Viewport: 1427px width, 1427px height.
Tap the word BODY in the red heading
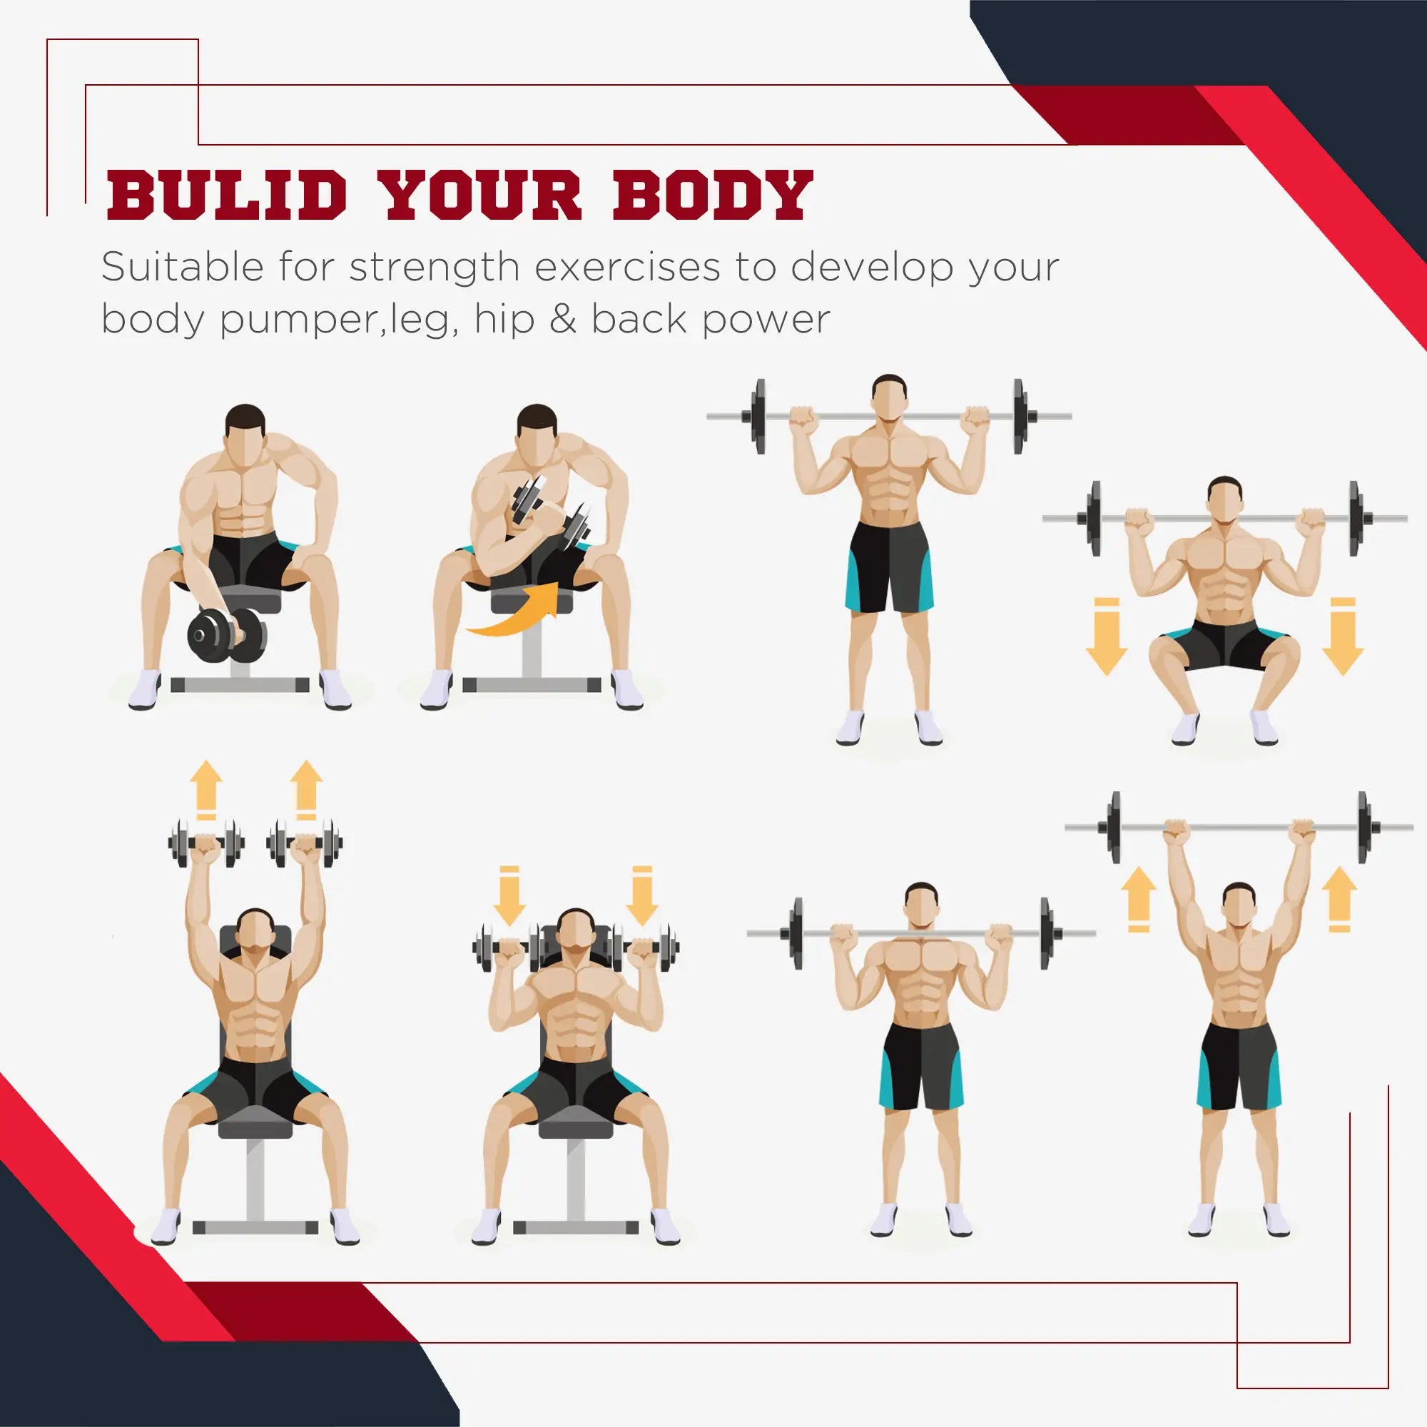pos(713,195)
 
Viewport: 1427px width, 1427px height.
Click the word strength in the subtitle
pos(435,268)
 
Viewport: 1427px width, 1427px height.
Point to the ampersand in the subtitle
pos(563,320)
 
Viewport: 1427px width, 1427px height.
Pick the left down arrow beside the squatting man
pos(1107,636)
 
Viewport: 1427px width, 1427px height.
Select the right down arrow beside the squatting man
pos(1343,636)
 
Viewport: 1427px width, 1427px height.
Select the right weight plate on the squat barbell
pos(1354,519)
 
